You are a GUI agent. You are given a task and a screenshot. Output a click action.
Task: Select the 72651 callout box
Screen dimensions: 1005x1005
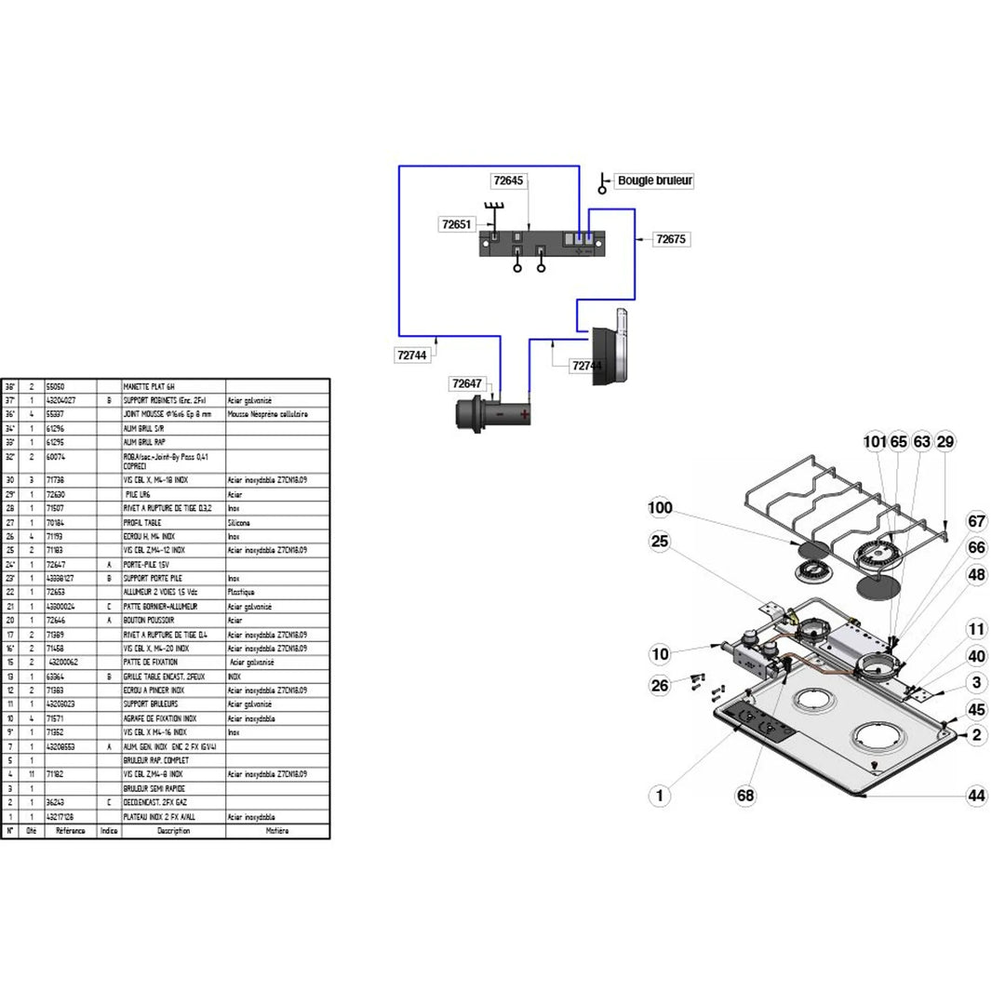tap(458, 224)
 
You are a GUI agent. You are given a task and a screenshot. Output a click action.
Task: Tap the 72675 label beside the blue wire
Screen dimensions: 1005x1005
tap(670, 239)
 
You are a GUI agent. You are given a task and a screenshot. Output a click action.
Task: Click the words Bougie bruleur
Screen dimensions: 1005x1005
tap(655, 181)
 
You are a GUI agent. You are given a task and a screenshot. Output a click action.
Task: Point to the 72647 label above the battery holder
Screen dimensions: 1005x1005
tap(468, 383)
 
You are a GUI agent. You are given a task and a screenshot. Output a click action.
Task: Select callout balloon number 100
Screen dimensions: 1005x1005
tap(660, 509)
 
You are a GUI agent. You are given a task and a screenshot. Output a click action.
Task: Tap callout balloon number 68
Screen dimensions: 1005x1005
tap(745, 796)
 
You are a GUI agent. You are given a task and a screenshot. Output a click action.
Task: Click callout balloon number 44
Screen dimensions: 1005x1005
tap(975, 796)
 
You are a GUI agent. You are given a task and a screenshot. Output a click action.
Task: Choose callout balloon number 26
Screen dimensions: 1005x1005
tap(660, 687)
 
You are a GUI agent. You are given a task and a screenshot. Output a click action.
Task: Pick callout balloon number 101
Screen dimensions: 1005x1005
tap(875, 441)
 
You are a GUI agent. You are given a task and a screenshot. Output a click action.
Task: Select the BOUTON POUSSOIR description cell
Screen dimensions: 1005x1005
tap(149, 620)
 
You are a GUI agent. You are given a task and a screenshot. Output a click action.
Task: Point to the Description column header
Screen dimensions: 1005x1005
tap(173, 830)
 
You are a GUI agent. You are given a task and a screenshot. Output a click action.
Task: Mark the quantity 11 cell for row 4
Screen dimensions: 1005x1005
tap(31, 773)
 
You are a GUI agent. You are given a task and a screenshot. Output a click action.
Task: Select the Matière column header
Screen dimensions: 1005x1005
tap(277, 830)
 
